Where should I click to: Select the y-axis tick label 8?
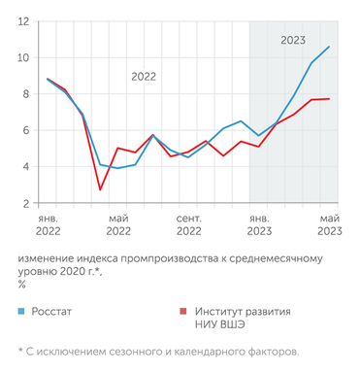[24, 94]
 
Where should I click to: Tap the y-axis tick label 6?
[24, 130]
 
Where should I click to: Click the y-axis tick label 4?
[24, 167]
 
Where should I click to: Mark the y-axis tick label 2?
[24, 203]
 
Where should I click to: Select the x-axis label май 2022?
[118, 225]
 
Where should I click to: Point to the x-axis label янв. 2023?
[259, 225]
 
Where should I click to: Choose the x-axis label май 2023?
[329, 225]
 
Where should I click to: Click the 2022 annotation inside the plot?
[144, 76]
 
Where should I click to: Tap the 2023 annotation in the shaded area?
[294, 41]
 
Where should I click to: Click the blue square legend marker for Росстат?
[21, 313]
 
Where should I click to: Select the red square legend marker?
[181, 313]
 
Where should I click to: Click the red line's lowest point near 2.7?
[100, 189]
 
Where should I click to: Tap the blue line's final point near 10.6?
[329, 47]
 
